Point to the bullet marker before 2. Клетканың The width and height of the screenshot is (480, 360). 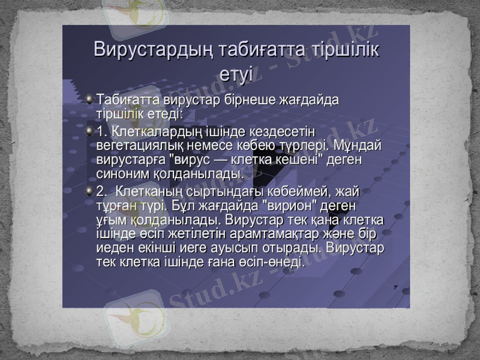click(x=89, y=191)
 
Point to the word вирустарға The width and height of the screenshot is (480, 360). click(x=130, y=160)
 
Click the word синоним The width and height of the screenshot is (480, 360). click(x=120, y=174)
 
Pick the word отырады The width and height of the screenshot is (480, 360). click(x=294, y=248)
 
